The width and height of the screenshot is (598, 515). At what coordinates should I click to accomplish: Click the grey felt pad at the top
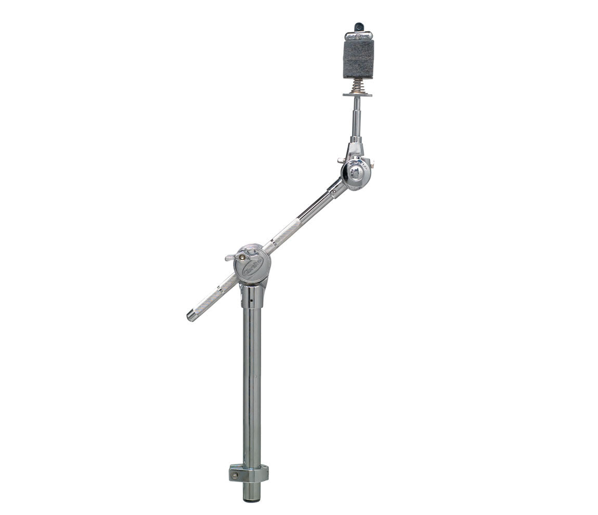coord(358,59)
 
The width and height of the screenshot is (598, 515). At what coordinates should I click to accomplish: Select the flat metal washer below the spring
coord(357,94)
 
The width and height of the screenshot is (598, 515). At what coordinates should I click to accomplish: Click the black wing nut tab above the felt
coord(359,26)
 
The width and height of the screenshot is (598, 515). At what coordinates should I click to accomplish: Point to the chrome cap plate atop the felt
coord(358,36)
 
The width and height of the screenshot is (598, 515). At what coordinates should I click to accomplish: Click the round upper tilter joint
coord(356,173)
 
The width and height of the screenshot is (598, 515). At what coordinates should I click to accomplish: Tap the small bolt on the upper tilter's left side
coord(340,160)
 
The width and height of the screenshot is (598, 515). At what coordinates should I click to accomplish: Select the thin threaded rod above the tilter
coord(357,117)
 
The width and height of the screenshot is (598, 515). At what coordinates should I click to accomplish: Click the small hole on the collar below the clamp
coord(250,301)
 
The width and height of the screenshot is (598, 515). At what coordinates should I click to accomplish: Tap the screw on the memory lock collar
coord(236,475)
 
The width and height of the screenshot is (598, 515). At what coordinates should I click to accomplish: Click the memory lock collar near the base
coord(250,473)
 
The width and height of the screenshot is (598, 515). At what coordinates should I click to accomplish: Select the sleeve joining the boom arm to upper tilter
coord(337,188)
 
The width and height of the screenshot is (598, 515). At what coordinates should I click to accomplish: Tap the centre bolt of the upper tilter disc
coord(355,174)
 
